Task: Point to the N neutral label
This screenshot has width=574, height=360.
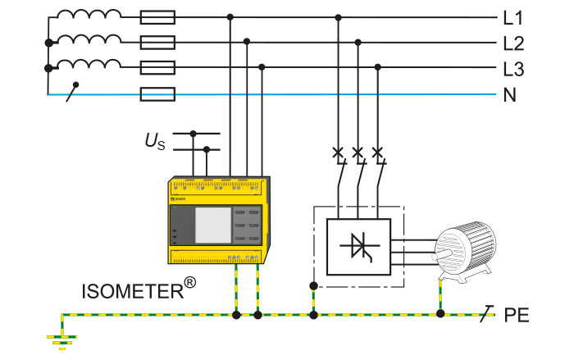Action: [x=510, y=95]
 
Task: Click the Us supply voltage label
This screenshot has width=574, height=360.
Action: [x=156, y=143]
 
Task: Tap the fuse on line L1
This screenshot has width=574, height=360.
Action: [x=157, y=16]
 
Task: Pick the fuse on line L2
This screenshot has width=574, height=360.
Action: [x=157, y=42]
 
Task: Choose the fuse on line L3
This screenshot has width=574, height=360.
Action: [x=157, y=68]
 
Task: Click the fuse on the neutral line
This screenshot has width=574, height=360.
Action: [x=157, y=94]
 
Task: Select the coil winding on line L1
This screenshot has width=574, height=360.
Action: [x=89, y=16]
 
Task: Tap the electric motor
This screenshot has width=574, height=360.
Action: [x=463, y=248]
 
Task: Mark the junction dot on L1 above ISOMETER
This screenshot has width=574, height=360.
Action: [x=230, y=16]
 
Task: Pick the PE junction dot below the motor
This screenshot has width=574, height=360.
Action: [x=441, y=314]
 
